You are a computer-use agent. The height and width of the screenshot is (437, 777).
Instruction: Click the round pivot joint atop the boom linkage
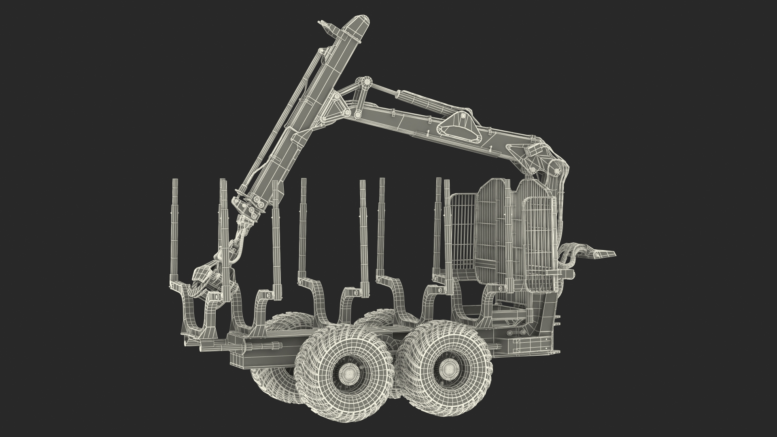pyautogui.click(x=367, y=83)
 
